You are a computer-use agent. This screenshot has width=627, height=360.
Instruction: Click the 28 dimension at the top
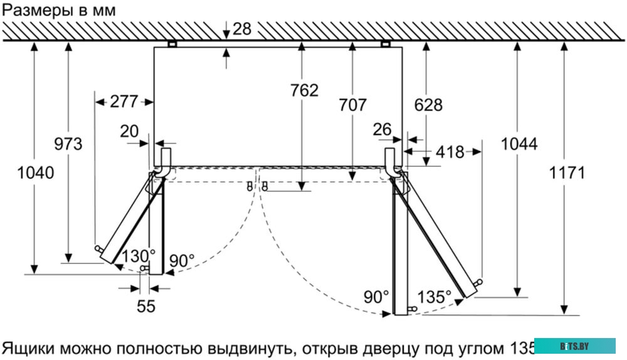point(242,28)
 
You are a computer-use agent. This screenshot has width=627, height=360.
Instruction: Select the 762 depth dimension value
point(304,90)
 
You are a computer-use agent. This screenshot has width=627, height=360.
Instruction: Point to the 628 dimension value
point(428,105)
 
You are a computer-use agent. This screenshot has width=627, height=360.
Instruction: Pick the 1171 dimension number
point(567,172)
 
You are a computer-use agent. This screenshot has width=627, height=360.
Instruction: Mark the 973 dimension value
point(68,144)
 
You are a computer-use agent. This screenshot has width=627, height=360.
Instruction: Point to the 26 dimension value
point(382,129)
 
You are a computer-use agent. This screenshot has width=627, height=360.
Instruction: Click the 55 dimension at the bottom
point(145,306)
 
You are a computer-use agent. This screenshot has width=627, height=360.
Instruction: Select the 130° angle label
point(138,256)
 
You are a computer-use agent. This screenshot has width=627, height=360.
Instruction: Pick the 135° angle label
point(435,296)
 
